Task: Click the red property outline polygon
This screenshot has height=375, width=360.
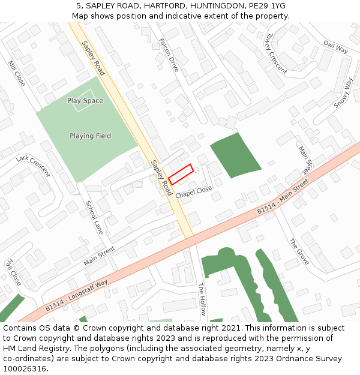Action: click(181, 174)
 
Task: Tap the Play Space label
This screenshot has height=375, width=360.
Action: click(85, 101)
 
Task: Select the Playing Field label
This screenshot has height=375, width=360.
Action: click(90, 136)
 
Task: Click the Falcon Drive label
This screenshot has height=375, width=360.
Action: click(169, 56)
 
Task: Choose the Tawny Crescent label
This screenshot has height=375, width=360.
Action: click(275, 53)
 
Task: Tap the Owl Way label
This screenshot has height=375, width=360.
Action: click(335, 47)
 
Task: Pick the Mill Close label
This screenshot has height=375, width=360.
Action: click(17, 73)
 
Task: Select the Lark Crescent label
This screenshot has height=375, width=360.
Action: click(33, 166)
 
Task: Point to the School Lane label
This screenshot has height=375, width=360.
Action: click(94, 217)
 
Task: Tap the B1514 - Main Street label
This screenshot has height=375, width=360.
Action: click(283, 200)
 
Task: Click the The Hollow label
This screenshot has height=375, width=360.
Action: click(202, 299)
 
